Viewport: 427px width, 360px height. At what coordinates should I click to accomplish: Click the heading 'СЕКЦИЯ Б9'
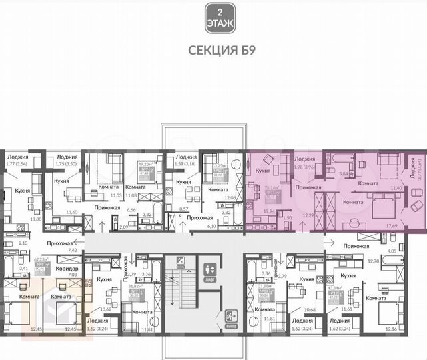coord(214,49)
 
